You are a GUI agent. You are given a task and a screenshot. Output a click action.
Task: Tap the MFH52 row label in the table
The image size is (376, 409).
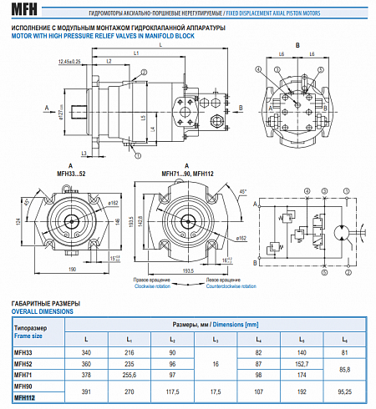click(23, 365)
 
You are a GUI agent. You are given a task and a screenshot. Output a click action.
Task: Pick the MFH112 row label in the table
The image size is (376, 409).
click(25, 396)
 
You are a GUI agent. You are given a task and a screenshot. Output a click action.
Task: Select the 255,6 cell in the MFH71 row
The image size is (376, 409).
click(130, 376)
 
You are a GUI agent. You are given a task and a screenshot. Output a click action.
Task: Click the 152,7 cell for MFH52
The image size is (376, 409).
click(299, 365)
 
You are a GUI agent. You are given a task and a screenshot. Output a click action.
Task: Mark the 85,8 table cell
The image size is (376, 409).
click(343, 370)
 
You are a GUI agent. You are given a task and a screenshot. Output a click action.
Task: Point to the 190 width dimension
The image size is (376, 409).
click(74, 269)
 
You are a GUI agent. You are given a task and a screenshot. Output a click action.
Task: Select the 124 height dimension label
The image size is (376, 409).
click(17, 220)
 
